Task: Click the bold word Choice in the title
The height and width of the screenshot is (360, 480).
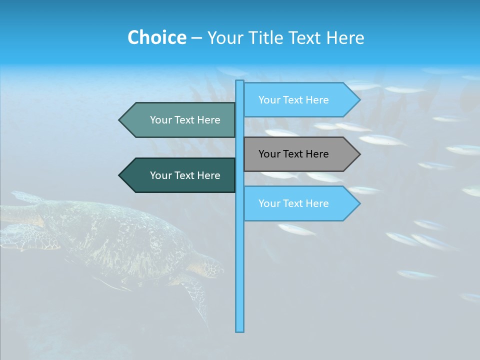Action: [x=156, y=37]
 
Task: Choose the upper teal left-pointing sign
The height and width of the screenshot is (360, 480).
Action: [x=180, y=120]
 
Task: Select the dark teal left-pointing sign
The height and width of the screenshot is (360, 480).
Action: [x=180, y=175]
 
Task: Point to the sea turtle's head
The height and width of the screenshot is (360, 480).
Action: [x=210, y=265]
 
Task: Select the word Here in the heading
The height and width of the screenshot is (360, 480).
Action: [x=345, y=37]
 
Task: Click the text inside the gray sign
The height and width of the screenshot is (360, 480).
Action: [x=293, y=154]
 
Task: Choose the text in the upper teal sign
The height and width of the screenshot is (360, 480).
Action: [x=185, y=120]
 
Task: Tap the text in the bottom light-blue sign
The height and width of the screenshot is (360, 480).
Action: [x=293, y=203]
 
